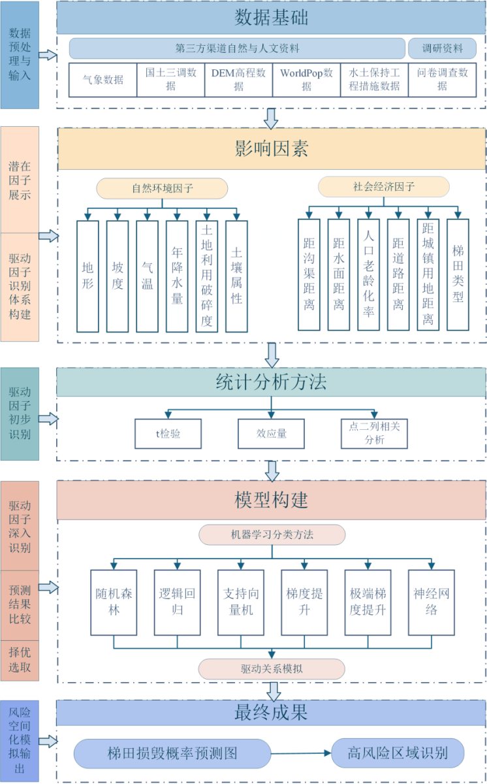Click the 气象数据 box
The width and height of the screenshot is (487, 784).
pos(102,80)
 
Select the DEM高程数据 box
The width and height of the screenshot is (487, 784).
pos(238,80)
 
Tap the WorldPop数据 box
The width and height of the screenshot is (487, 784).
pos(306,80)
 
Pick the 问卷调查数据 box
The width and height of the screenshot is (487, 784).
pos(442,80)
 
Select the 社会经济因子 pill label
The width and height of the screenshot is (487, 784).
pos(384,187)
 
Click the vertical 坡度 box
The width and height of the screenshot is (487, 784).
pos(118,276)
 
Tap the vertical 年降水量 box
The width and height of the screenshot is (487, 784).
pos(177,276)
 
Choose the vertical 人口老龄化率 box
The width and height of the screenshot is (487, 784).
pos(368,274)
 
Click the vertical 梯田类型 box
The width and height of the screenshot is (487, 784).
pos(458,274)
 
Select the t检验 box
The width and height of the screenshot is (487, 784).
pos(168,433)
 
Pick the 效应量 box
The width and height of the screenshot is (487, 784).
pos(271,433)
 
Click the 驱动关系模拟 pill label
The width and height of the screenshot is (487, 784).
pos(271,669)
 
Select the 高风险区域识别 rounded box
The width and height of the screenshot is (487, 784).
pos(398,753)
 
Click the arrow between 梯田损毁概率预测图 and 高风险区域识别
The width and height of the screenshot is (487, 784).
pos(301,753)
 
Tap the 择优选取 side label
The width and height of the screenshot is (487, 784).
pos(20,661)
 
